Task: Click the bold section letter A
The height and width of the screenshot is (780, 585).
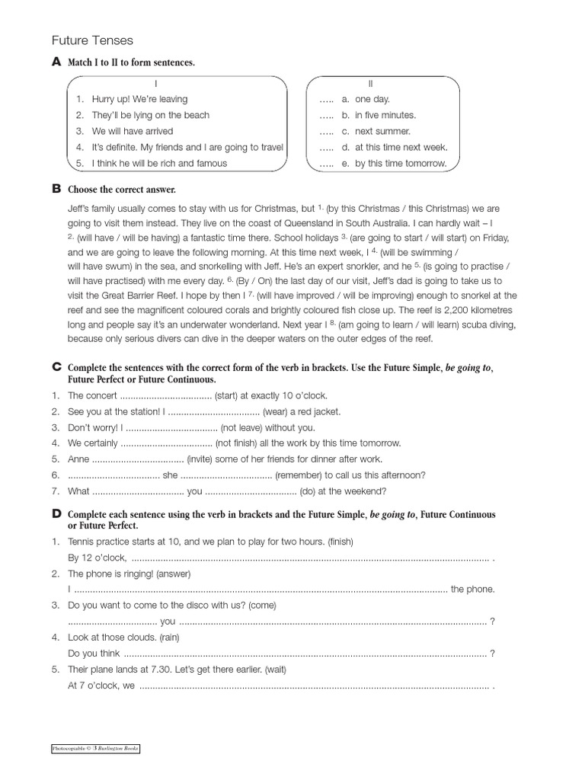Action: pyautogui.click(x=56, y=62)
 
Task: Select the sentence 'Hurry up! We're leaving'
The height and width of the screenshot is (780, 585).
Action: pyautogui.click(x=139, y=99)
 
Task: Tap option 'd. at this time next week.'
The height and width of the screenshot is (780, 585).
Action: pyautogui.click(x=401, y=147)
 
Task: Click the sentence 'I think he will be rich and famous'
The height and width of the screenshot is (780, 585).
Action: pyautogui.click(x=159, y=163)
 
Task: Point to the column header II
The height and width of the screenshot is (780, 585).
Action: pyautogui.click(x=371, y=83)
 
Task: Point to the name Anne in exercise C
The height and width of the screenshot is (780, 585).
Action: pyautogui.click(x=78, y=459)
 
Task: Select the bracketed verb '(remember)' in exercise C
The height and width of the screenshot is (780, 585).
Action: pyautogui.click(x=304, y=475)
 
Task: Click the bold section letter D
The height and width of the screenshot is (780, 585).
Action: pyautogui.click(x=56, y=515)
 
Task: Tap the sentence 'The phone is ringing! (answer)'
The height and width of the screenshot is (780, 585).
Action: pyautogui.click(x=129, y=573)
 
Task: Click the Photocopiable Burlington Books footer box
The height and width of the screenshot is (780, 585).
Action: pyautogui.click(x=95, y=749)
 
